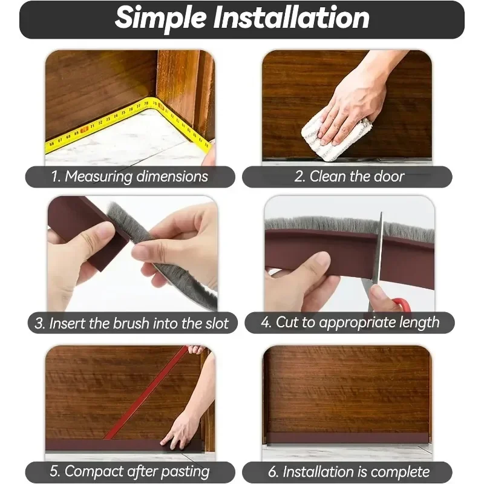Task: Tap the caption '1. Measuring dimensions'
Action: click(130, 177)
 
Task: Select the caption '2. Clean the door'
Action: click(349, 177)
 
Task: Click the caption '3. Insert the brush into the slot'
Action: click(131, 323)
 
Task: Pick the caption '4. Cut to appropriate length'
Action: click(350, 322)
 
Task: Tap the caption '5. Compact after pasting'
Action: click(130, 471)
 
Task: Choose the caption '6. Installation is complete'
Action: click(348, 472)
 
